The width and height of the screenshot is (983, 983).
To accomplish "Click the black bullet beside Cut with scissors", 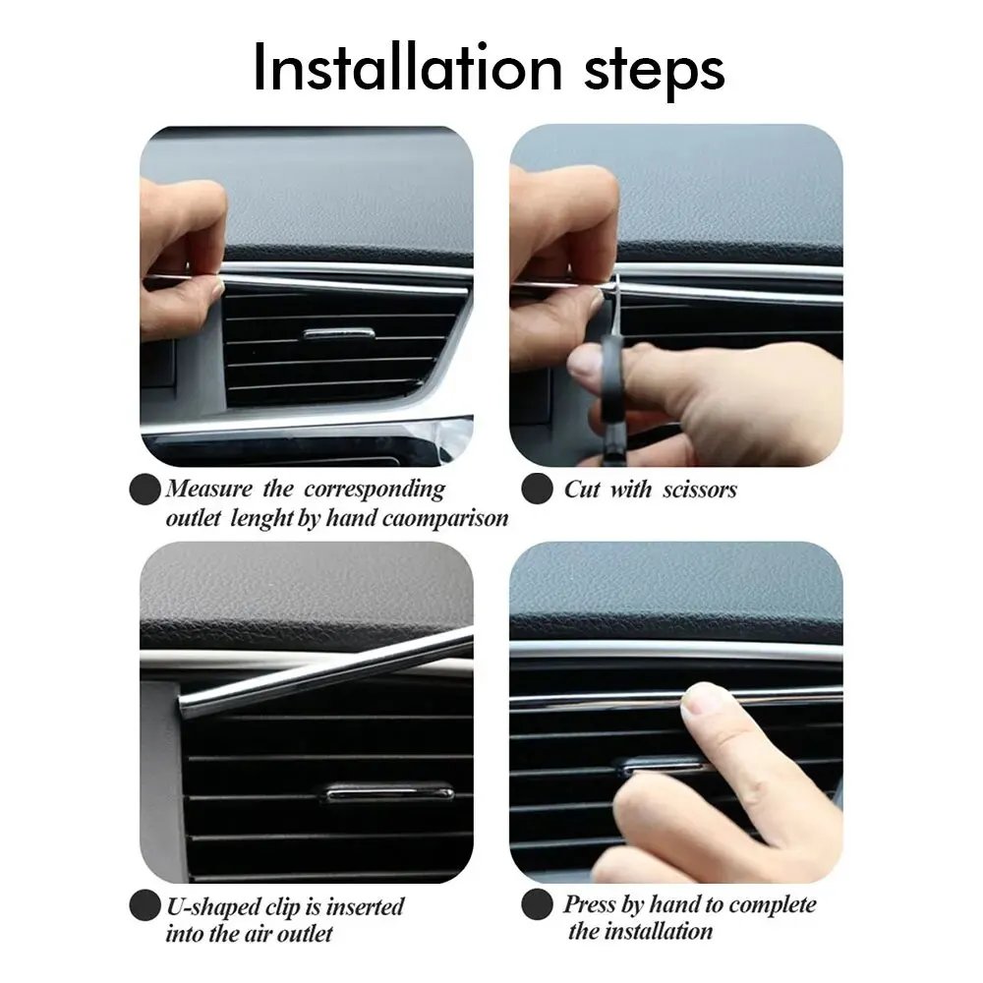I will pyautogui.click(x=536, y=489).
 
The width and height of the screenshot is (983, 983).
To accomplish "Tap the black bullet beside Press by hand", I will pyautogui.click(x=536, y=904).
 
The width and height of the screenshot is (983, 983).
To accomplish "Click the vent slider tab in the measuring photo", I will pyautogui.click(x=338, y=333).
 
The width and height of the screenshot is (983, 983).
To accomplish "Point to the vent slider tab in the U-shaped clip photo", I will pyautogui.click(x=389, y=792).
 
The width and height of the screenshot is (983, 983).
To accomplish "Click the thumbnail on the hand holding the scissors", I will pyautogui.click(x=586, y=367).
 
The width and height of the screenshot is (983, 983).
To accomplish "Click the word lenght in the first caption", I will pyautogui.click(x=260, y=518).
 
